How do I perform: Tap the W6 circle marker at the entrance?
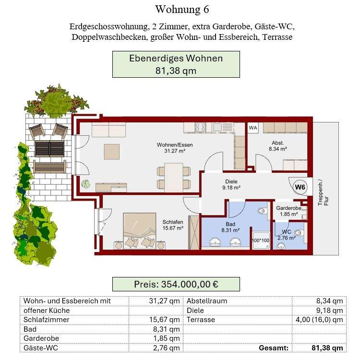(x=300, y=187)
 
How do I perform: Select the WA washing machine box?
(x=253, y=128)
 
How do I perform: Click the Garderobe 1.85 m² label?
(x=288, y=211)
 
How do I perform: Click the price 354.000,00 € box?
(x=176, y=284)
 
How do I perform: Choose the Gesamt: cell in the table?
(x=274, y=348)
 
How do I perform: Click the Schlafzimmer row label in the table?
(x=47, y=320)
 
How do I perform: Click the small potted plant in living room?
(x=86, y=184)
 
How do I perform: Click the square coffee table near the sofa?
(x=112, y=151)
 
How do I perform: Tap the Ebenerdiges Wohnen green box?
(x=176, y=65)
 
